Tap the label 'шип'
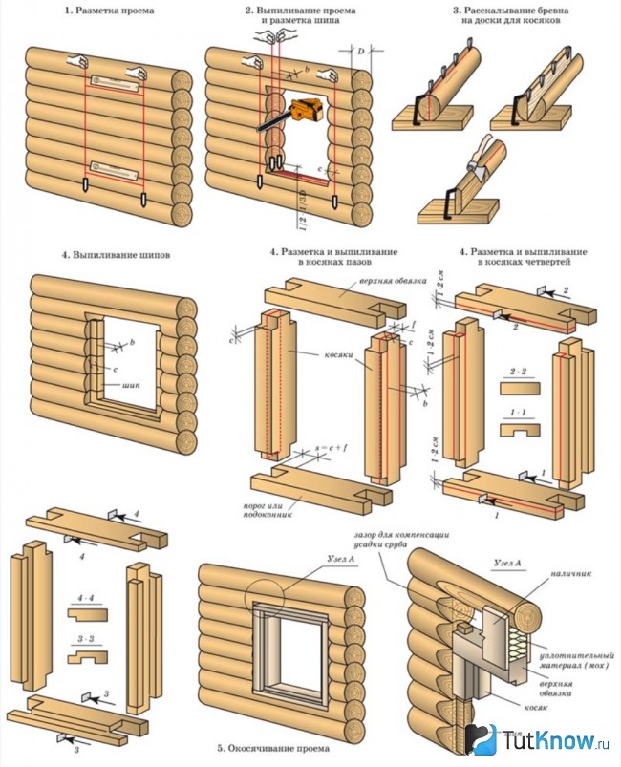click(135, 385)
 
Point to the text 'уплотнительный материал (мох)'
click(565, 665)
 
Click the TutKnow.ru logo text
click(554, 742)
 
